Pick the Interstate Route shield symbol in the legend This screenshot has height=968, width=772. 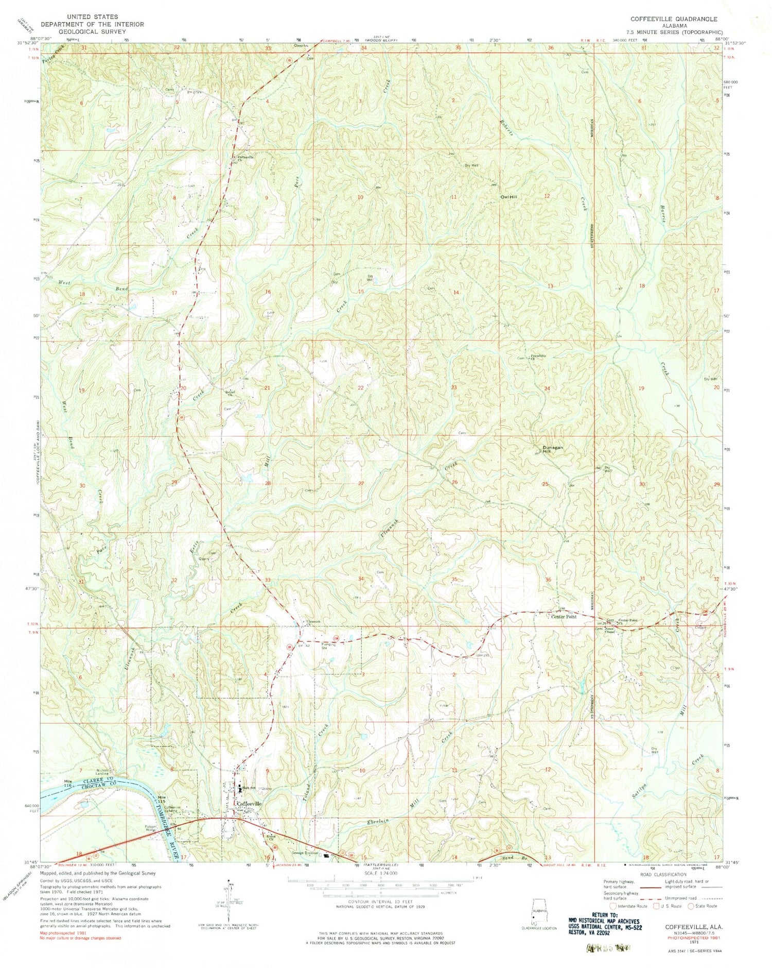[612, 906]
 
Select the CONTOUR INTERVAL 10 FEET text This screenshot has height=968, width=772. [381, 903]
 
